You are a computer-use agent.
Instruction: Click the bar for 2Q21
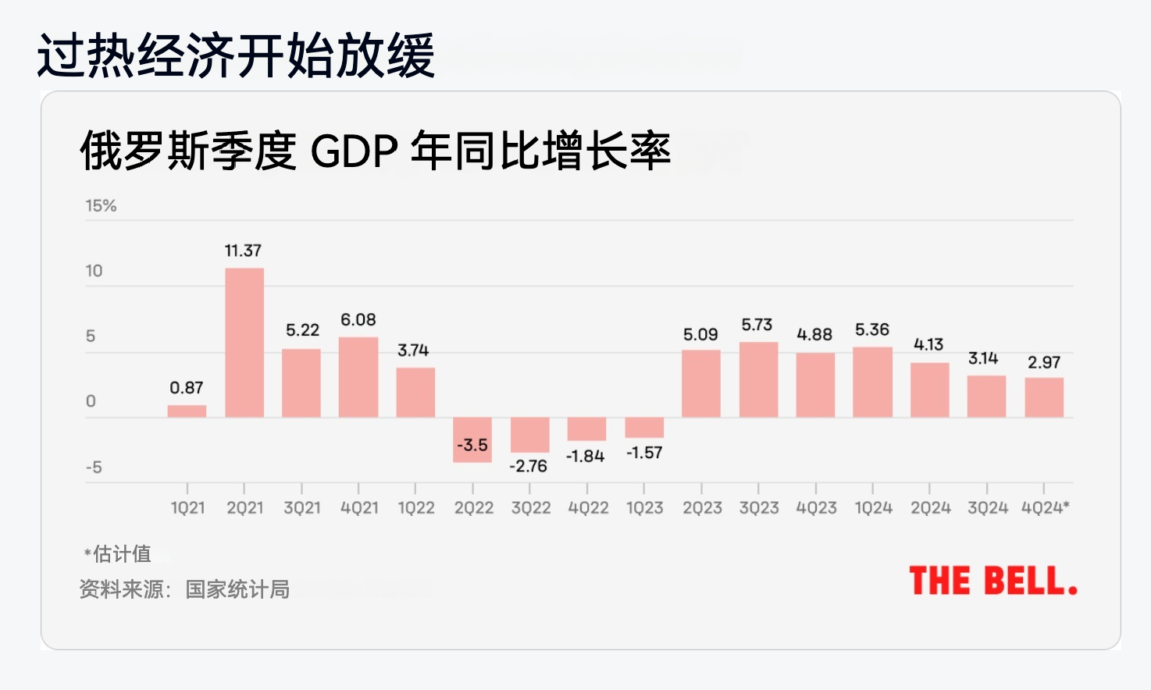(x=244, y=343)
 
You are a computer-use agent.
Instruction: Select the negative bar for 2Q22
(x=472, y=440)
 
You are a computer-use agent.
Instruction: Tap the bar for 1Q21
(x=187, y=411)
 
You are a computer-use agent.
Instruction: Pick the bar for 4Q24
(x=1044, y=397)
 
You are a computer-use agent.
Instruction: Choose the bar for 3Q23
(x=758, y=379)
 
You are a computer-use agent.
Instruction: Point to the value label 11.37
(x=243, y=251)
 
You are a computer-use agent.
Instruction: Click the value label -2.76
(x=529, y=466)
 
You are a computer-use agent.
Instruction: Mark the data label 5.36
(x=872, y=329)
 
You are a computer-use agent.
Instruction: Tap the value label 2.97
(x=1044, y=362)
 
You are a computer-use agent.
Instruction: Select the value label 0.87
(x=187, y=388)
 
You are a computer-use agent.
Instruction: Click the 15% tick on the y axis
(x=101, y=206)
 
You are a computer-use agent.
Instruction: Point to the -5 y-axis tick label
(x=94, y=468)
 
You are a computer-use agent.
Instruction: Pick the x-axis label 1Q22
(x=416, y=508)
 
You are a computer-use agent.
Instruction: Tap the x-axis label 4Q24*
(x=1046, y=508)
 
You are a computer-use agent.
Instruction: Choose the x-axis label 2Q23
(x=702, y=508)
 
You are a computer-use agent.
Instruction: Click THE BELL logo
(x=993, y=582)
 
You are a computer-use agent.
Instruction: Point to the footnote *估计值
(x=119, y=554)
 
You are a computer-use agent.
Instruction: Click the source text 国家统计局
(x=237, y=589)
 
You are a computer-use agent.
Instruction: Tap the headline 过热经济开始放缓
(x=236, y=55)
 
